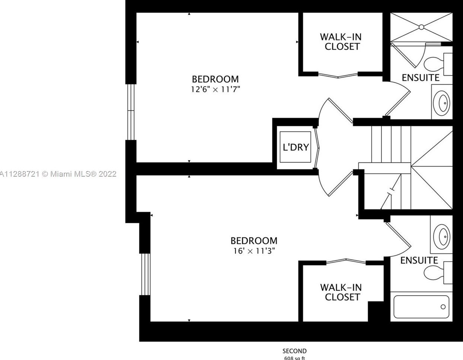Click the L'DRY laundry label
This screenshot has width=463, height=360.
point(296,147)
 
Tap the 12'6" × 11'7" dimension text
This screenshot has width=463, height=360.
point(216,89)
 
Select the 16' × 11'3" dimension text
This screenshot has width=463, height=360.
point(254,251)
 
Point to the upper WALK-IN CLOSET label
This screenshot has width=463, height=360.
point(340,42)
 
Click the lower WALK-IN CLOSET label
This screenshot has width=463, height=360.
point(341,292)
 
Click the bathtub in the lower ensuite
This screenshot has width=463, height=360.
point(421,307)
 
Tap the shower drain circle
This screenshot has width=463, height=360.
point(421,27)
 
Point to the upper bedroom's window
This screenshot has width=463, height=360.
point(130,111)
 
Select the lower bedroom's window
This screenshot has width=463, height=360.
point(145,274)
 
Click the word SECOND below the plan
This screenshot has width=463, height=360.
point(294,351)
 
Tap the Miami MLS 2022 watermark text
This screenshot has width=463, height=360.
point(58,174)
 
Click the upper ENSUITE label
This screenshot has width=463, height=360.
point(421,78)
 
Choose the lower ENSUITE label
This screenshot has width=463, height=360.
point(419,260)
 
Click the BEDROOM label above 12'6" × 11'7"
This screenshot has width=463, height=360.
point(215,79)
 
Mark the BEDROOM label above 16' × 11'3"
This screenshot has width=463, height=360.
point(254,240)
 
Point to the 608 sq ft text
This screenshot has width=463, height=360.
point(294,358)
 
